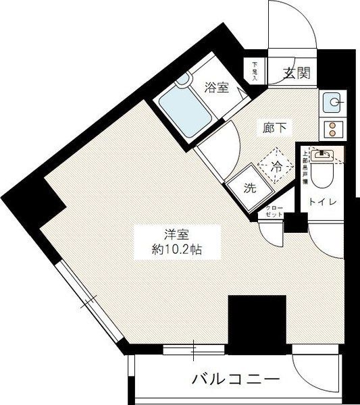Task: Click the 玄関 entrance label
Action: [296, 74]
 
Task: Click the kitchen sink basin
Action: [332, 103]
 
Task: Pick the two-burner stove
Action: [332, 128]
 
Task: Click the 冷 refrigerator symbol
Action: [277, 164]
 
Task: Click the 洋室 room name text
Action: [174, 235]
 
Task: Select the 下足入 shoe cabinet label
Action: [255, 70]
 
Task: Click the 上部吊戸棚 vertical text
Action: [305, 167]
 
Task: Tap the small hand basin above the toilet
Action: [324, 155]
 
